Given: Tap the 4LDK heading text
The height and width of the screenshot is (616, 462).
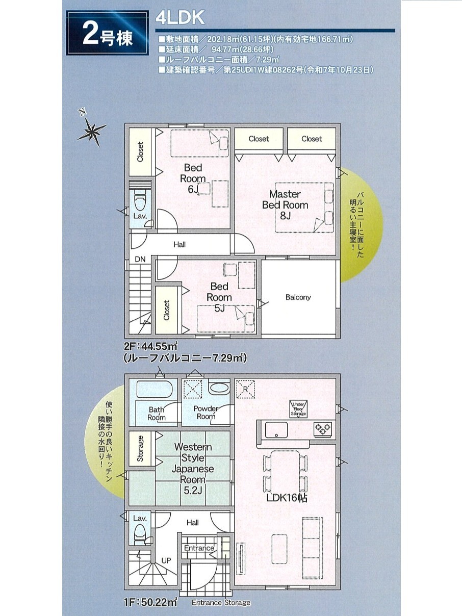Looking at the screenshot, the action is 180,18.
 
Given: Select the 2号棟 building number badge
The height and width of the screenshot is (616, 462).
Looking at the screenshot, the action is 108,33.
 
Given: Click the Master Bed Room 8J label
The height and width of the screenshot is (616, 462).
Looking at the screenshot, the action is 285,204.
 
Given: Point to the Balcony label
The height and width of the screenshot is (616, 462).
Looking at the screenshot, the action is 298,297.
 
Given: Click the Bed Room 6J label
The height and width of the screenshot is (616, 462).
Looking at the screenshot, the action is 193,178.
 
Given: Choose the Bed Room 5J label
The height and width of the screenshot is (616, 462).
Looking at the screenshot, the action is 219,297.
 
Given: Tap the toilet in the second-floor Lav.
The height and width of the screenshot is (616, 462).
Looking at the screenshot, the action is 140,200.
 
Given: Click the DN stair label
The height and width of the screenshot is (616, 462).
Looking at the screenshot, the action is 140,260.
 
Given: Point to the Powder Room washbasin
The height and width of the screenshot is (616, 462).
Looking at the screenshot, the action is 219,389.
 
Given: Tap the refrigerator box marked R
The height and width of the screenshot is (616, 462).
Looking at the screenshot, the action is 245,389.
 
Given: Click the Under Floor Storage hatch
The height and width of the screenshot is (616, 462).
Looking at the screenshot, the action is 298,409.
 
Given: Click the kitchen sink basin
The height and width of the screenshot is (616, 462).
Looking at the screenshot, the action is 276,430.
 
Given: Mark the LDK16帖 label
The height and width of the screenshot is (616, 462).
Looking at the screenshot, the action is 287,498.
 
